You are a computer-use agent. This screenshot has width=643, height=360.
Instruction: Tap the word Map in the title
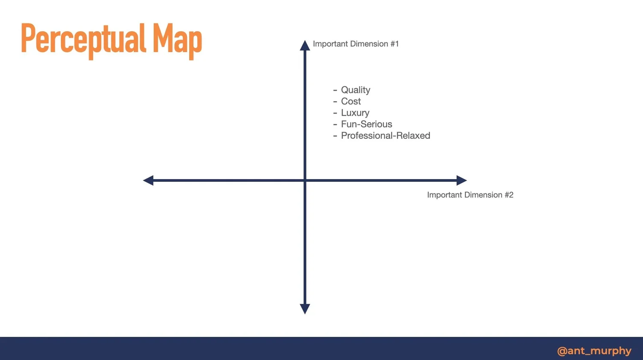pyautogui.click(x=177, y=39)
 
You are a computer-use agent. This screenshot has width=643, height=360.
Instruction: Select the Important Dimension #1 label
pyautogui.click(x=356, y=44)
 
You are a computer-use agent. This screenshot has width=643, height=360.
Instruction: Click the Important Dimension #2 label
pyautogui.click(x=470, y=195)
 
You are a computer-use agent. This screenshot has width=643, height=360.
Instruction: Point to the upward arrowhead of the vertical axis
pyautogui.click(x=305, y=45)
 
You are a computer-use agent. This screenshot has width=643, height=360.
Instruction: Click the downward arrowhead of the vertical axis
pyautogui.click(x=305, y=309)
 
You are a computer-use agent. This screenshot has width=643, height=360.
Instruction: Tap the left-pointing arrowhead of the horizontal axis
pyautogui.click(x=148, y=180)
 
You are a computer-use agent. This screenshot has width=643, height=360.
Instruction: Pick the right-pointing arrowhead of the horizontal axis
pyautogui.click(x=461, y=180)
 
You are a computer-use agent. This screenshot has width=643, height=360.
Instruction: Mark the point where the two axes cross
pyautogui.click(x=305, y=180)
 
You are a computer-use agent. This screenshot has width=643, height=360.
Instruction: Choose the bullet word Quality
pyautogui.click(x=355, y=90)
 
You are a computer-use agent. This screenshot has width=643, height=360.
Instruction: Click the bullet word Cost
pyautogui.click(x=351, y=102)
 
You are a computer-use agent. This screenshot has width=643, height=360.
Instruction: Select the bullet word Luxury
pyautogui.click(x=355, y=113)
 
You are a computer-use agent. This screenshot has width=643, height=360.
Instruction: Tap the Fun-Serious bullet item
pyautogui.click(x=367, y=124)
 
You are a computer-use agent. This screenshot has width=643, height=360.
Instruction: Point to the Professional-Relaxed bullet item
pyautogui.click(x=385, y=136)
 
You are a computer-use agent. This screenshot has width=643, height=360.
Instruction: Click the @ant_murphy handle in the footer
pyautogui.click(x=594, y=351)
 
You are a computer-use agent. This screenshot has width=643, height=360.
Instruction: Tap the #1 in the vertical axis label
pyautogui.click(x=394, y=44)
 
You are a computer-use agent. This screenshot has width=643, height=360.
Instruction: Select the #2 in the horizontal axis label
pyautogui.click(x=508, y=195)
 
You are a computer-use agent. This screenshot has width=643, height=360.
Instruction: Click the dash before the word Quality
pyautogui.click(x=335, y=90)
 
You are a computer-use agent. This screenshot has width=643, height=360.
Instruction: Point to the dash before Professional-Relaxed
pyautogui.click(x=335, y=136)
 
